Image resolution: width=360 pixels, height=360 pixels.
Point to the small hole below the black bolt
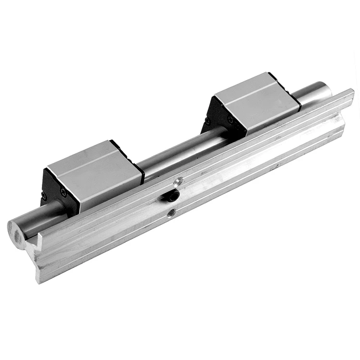[171, 212]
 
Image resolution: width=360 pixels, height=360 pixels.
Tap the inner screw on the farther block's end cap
[230, 120]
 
